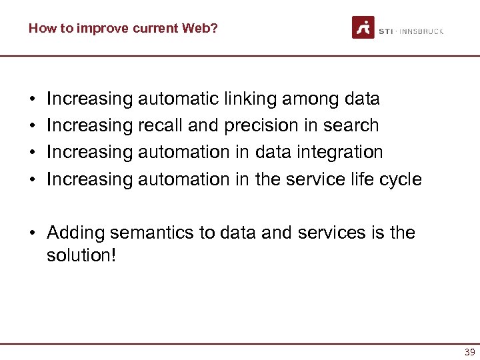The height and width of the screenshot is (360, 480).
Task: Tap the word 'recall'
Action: pos(160,126)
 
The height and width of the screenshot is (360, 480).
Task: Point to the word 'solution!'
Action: pos(81,255)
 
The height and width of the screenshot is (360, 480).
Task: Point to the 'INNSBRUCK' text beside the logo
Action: pos(421,31)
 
